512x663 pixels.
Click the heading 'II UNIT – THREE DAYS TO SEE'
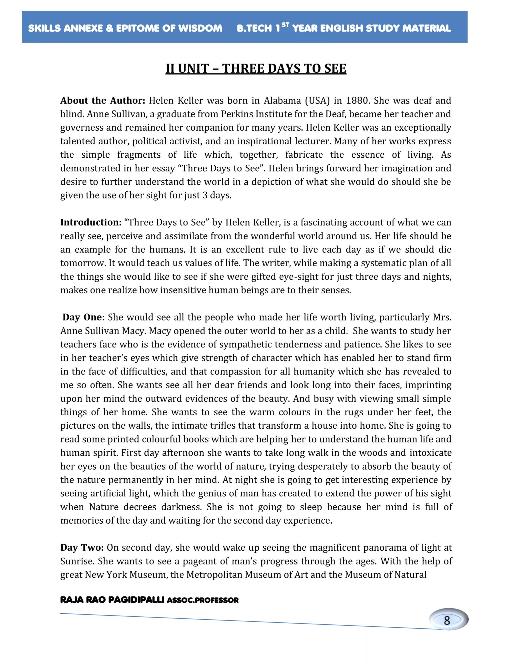(256, 69)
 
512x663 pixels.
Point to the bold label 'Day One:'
(83, 317)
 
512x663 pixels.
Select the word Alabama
(282, 101)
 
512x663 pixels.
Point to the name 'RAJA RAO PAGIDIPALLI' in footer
(112, 600)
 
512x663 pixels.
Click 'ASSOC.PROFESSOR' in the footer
(202, 600)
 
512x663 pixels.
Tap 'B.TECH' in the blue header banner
(254, 28)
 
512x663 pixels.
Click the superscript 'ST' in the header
(285, 25)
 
